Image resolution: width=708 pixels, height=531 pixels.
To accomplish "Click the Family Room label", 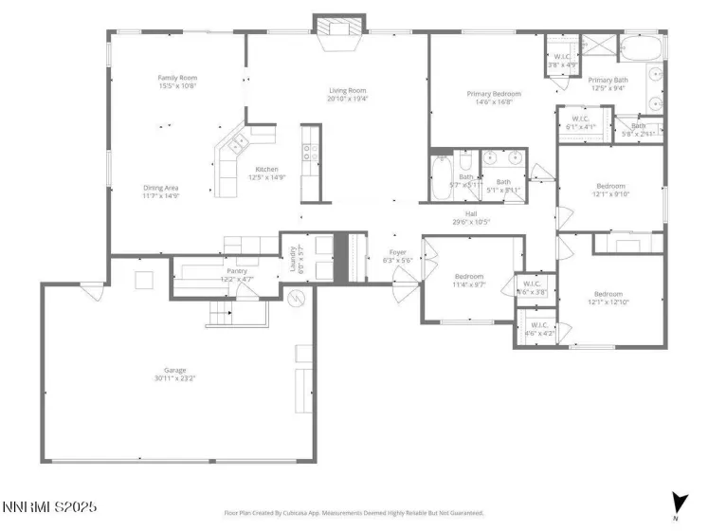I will [177, 78].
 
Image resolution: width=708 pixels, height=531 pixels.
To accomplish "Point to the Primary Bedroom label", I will [492, 94].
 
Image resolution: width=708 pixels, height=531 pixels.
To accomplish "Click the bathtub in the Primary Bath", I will [644, 47].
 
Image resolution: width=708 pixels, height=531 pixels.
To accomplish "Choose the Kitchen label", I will [266, 170].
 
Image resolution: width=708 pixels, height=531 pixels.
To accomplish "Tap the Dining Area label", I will [161, 188].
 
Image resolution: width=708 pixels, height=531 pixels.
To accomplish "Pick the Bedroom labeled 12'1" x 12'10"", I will [608, 295].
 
